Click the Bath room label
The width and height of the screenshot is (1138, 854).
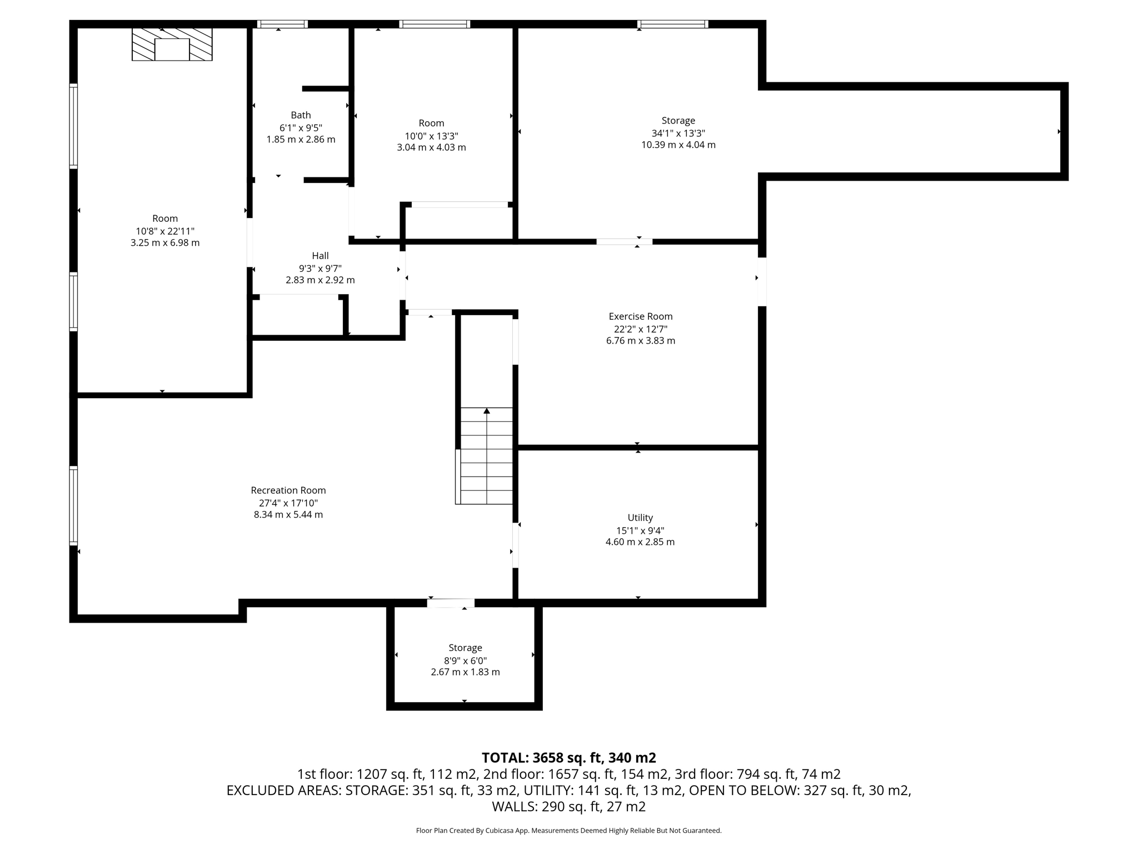point(301,115)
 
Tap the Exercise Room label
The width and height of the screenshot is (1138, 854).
point(640,316)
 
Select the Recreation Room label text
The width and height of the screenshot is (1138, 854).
point(288,490)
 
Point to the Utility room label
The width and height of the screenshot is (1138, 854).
point(640,518)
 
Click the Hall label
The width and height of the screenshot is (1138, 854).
point(320,256)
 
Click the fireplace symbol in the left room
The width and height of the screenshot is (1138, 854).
point(172,44)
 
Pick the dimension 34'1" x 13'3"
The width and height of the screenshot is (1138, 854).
point(678,133)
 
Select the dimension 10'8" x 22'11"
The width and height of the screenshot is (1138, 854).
point(165,231)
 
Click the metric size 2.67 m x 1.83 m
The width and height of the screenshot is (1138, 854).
point(465,672)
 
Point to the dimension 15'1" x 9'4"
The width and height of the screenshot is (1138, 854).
point(640,530)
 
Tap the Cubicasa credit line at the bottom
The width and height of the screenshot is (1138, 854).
point(568,831)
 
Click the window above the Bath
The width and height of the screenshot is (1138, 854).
point(282,24)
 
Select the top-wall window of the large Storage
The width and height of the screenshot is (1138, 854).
point(672,24)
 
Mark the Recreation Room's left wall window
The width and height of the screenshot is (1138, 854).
point(73,505)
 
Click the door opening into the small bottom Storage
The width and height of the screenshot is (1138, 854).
point(451,603)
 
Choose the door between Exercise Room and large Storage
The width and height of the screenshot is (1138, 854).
point(624,241)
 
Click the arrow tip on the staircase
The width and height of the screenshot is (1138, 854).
point(487,411)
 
